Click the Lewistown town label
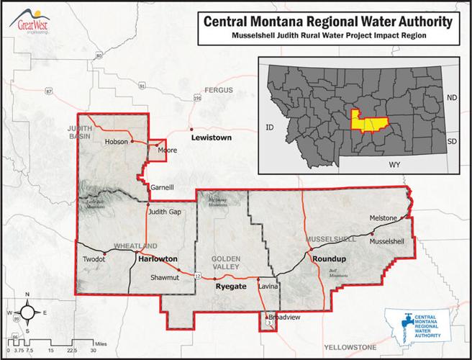click(211, 137)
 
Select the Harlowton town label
click(158, 258)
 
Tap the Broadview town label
click(284, 317)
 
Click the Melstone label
click(382, 217)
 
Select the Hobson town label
click(116, 141)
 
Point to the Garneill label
click(162, 187)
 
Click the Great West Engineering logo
click(30, 17)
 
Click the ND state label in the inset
click(452, 96)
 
